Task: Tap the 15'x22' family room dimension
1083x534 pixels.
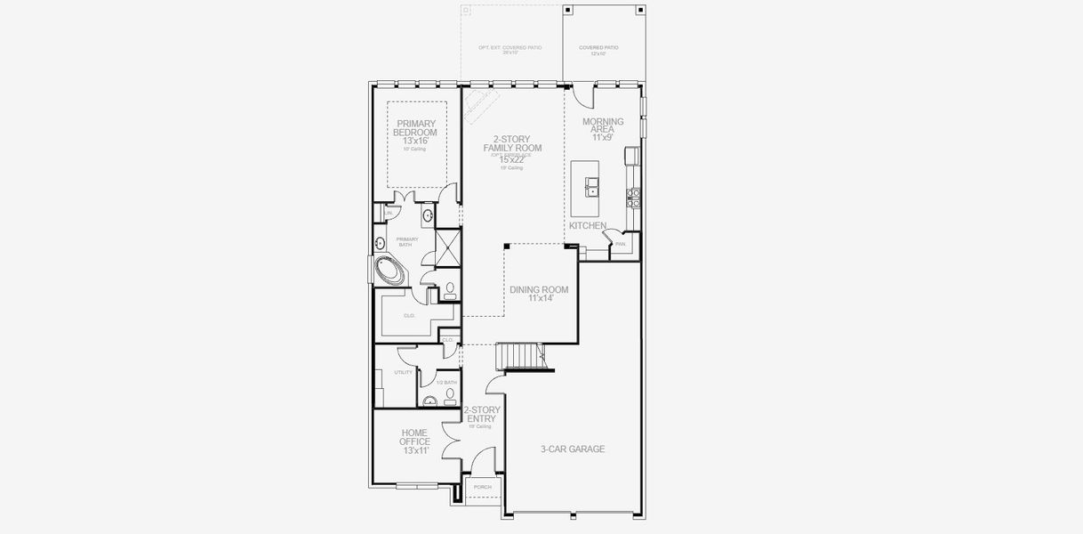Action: click(511, 159)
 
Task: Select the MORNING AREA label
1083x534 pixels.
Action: click(603, 125)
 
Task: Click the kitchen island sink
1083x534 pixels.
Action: click(592, 187)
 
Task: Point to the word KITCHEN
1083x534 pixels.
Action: click(588, 226)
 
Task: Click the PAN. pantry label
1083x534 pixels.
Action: click(620, 244)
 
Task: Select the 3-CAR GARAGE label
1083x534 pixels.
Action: click(573, 449)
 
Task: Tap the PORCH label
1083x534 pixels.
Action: click(482, 487)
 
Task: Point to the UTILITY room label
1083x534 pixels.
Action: click(404, 372)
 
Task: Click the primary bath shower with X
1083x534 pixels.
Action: click(447, 247)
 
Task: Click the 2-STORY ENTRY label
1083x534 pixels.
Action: click(482, 415)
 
